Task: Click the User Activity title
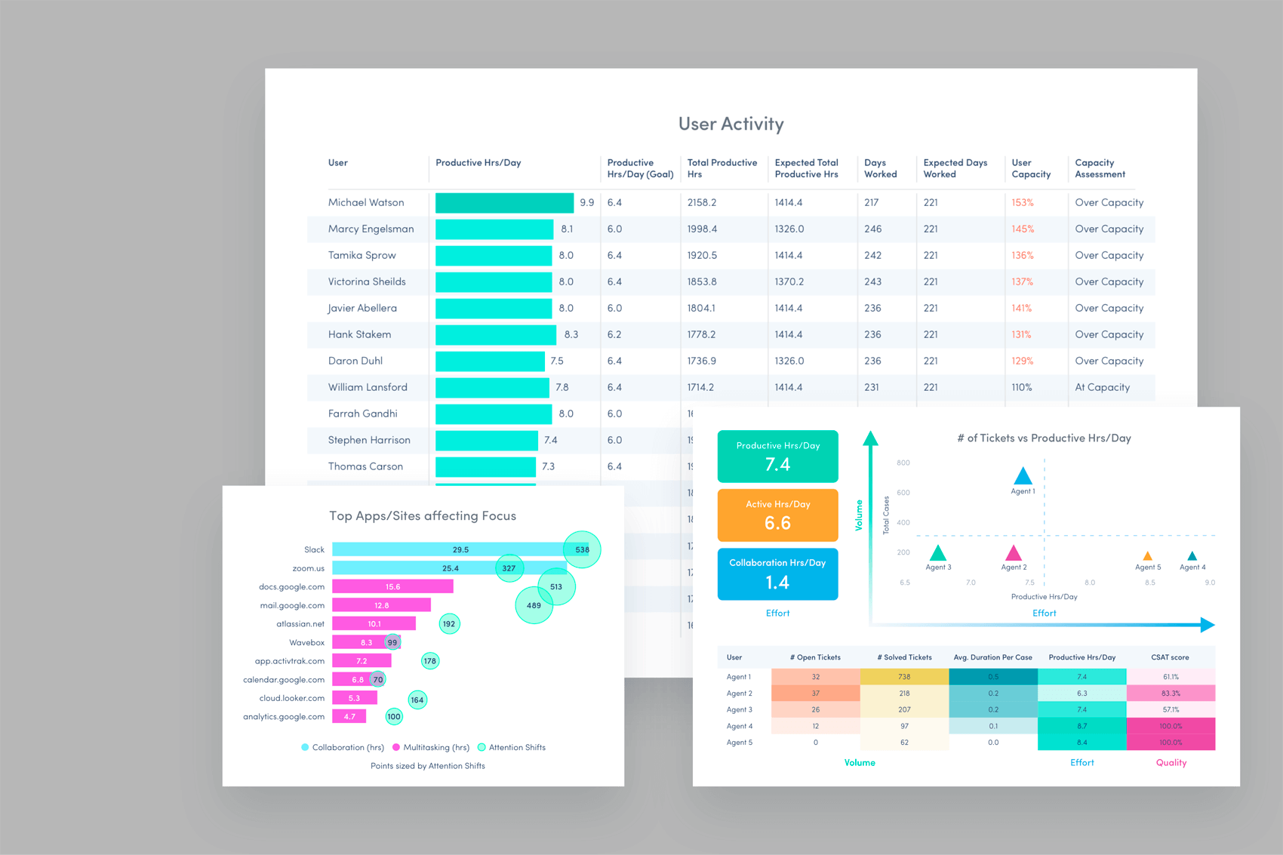click(731, 124)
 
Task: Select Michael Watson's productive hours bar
click(504, 203)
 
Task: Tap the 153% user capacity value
click(1022, 203)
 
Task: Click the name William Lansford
click(368, 387)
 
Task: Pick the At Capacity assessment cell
click(1102, 387)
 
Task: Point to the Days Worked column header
click(880, 168)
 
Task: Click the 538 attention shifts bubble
click(582, 549)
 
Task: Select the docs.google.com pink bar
click(392, 586)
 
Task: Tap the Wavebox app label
click(306, 643)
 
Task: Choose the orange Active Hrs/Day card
click(777, 515)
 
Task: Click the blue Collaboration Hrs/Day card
click(777, 574)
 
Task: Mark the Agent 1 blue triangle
click(1023, 476)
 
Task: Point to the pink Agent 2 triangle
click(1014, 553)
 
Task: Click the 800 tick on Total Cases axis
click(903, 463)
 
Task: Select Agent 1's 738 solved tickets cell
click(903, 677)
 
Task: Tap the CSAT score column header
click(1170, 657)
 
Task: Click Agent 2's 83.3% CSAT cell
click(1171, 694)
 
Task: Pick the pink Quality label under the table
click(1171, 763)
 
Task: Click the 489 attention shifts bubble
click(534, 605)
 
